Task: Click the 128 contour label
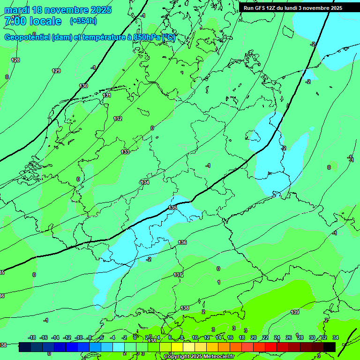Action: pos(15,60)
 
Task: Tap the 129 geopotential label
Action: pos(56,71)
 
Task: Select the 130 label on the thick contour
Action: pos(83,86)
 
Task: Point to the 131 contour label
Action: pos(107,95)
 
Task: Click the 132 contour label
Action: pos(118,119)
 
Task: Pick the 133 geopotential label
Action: pos(125,152)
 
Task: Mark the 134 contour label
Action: pos(145,182)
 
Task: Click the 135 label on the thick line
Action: pos(172,207)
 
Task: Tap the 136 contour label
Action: pos(182,242)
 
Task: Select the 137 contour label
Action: pos(178,275)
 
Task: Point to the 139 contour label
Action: pos(295,312)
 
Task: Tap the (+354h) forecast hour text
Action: pos(83,21)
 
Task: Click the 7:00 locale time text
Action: pos(33,21)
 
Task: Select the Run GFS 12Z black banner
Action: pos(293,8)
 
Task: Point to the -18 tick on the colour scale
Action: pos(32,337)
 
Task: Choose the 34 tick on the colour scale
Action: pos(335,337)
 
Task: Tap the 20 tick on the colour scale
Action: pos(254,337)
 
